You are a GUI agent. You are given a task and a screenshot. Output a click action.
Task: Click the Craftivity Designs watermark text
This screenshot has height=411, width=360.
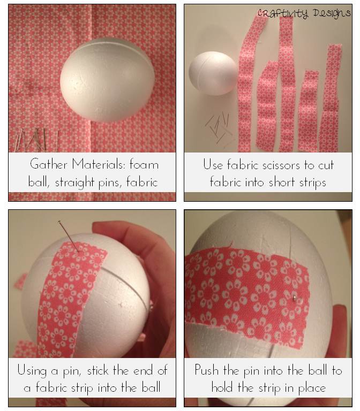304,13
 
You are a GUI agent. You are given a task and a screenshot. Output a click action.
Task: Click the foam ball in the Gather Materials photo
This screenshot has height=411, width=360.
108,80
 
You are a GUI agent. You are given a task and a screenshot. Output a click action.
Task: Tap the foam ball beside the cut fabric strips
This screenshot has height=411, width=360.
213,73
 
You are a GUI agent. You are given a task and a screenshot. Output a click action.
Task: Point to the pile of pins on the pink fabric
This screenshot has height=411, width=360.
37,140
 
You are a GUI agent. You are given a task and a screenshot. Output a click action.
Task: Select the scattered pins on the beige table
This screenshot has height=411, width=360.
219,128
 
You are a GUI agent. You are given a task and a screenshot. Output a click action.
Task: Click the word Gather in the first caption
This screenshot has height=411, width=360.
49,164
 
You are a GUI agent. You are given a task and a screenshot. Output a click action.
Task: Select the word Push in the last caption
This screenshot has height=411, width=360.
206,370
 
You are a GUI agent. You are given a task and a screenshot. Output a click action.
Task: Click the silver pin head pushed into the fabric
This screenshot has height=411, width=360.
295,297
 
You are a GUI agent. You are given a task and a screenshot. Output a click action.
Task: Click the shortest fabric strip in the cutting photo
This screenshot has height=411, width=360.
309,110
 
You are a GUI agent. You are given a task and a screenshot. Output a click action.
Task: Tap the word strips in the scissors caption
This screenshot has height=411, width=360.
313,182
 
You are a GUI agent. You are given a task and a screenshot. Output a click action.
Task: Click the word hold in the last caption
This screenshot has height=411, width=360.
222,387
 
